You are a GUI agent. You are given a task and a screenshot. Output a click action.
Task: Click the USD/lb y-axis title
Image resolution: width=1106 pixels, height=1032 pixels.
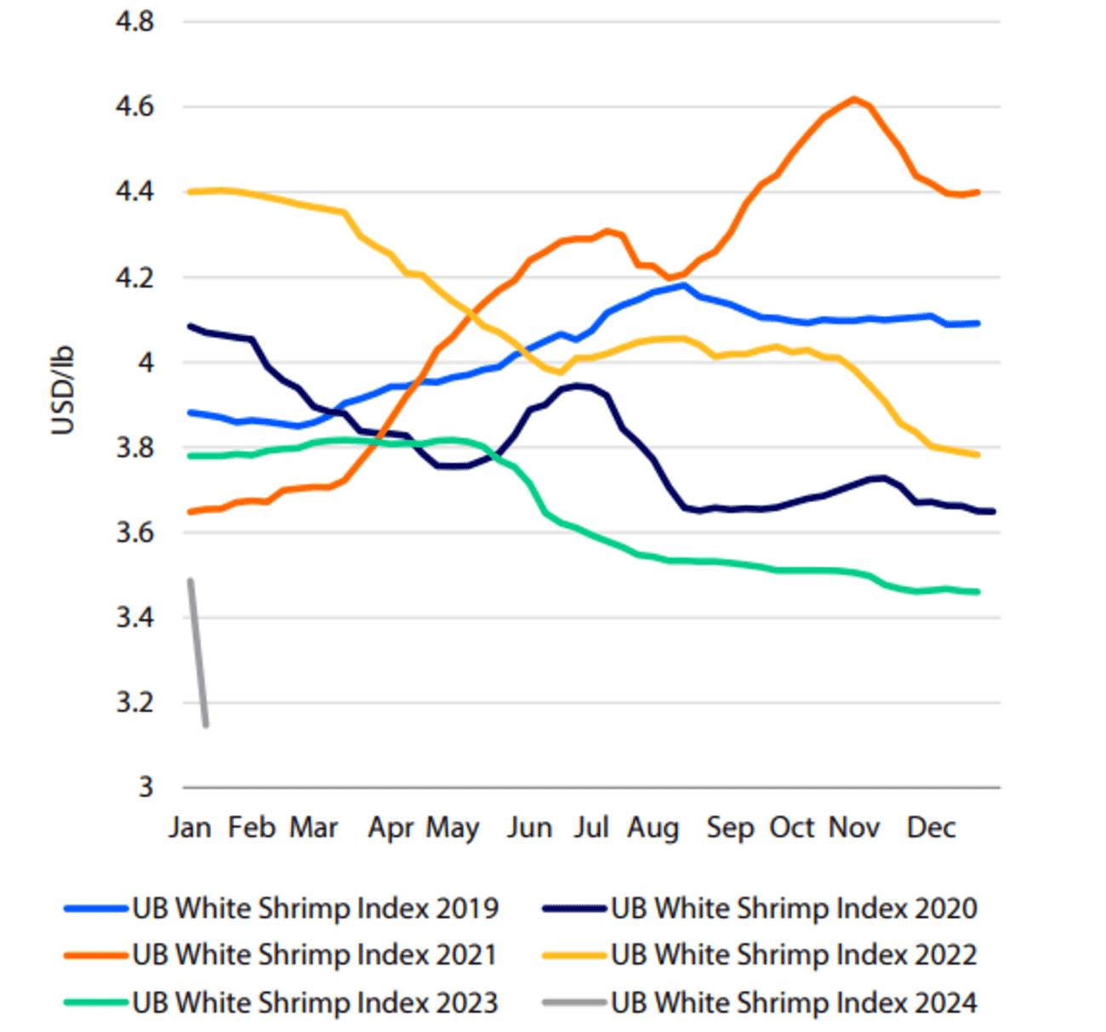click(63, 391)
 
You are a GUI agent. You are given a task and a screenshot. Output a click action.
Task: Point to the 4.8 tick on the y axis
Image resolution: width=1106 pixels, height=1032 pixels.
click(135, 21)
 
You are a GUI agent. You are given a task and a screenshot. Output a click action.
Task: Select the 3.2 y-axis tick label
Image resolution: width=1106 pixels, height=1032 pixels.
click(135, 703)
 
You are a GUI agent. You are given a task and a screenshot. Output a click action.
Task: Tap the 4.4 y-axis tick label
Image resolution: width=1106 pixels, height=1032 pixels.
click(135, 192)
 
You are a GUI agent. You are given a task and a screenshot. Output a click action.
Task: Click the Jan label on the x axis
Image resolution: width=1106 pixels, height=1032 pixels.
click(189, 827)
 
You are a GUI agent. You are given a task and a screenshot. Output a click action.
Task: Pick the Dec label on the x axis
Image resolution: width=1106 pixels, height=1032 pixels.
click(931, 827)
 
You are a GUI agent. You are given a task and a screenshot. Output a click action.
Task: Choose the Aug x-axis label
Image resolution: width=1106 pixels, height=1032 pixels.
click(653, 827)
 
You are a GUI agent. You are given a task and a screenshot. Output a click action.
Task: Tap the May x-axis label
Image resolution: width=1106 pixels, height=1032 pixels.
click(453, 827)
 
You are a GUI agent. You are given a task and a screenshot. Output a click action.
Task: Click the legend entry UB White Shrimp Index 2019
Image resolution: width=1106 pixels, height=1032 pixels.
click(315, 908)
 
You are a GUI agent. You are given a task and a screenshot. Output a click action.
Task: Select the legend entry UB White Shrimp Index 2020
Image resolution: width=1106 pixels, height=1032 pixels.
click(794, 908)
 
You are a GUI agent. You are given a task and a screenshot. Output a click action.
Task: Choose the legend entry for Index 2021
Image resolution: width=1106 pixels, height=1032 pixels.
click(315, 955)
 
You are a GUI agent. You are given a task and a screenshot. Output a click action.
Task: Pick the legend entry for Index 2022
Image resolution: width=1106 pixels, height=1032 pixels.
click(794, 955)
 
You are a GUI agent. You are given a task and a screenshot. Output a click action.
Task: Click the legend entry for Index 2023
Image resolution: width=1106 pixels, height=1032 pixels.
click(315, 1002)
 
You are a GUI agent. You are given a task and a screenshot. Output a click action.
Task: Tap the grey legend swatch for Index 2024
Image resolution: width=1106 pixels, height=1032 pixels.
click(573, 1002)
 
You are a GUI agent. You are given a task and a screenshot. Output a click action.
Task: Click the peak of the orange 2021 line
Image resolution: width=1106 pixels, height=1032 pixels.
click(853, 99)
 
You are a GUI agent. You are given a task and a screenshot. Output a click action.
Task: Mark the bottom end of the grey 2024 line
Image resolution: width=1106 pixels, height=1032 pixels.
click(206, 724)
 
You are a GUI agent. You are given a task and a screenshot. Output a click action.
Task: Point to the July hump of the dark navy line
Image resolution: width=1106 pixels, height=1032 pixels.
click(579, 385)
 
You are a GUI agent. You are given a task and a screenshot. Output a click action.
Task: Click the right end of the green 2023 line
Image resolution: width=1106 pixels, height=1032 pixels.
click(977, 591)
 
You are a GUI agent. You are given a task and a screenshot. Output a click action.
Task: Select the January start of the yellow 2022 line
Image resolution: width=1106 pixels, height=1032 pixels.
click(191, 191)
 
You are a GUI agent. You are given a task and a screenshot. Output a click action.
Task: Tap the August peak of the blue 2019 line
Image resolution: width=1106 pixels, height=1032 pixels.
click(683, 285)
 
